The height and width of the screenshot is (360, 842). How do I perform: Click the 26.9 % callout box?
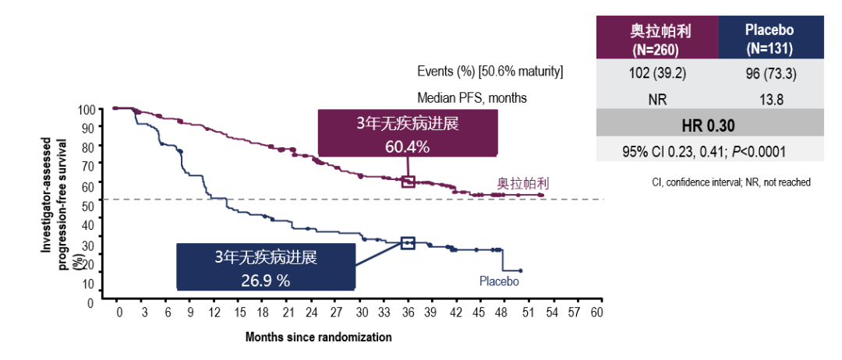266,266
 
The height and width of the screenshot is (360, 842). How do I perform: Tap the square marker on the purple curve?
407,182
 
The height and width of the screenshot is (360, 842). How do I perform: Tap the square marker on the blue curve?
407,243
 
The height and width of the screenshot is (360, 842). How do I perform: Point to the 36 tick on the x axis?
407,312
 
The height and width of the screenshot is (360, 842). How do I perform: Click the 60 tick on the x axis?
597,312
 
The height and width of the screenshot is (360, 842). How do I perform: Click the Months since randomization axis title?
318,337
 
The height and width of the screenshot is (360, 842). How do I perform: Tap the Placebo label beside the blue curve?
499,281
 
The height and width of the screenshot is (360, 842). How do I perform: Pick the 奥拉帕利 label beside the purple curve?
523,185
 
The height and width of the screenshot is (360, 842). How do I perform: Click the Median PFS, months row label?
472,98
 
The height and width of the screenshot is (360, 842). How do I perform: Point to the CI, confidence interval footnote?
731,182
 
